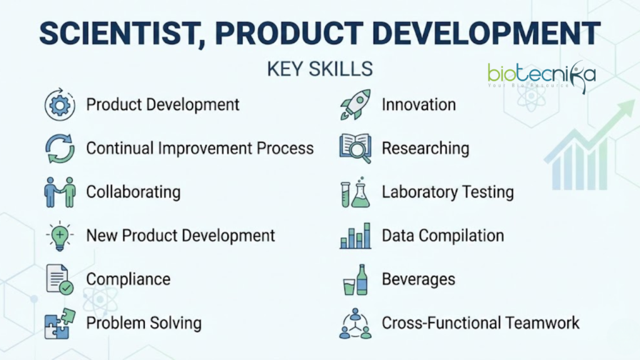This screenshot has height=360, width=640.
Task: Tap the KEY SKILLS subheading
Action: click(x=320, y=69)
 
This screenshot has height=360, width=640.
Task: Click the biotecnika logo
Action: click(x=542, y=76)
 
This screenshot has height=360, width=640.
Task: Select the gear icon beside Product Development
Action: click(x=59, y=104)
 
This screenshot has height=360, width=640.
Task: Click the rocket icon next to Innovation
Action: click(x=355, y=104)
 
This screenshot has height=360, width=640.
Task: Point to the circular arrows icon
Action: click(x=59, y=149)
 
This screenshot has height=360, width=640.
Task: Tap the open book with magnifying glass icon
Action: click(x=355, y=149)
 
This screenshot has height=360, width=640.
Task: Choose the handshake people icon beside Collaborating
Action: click(x=59, y=192)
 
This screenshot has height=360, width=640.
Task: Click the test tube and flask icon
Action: click(x=355, y=192)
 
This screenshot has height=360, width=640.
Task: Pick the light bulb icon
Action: click(x=59, y=236)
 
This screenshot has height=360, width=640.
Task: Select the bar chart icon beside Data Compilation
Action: click(x=355, y=236)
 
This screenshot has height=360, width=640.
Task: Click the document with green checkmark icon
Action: click(x=59, y=279)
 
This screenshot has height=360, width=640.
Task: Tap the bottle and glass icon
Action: click(x=355, y=279)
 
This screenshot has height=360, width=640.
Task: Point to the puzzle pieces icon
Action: click(x=59, y=324)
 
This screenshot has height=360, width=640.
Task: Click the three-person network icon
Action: click(x=355, y=324)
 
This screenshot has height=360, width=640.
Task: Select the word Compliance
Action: click(x=128, y=279)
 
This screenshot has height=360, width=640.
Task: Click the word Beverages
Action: click(x=418, y=279)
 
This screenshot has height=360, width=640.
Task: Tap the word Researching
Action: click(x=425, y=149)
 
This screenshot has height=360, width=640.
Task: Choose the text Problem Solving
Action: click(x=144, y=323)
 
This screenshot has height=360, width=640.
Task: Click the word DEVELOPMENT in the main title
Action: click(x=486, y=34)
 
